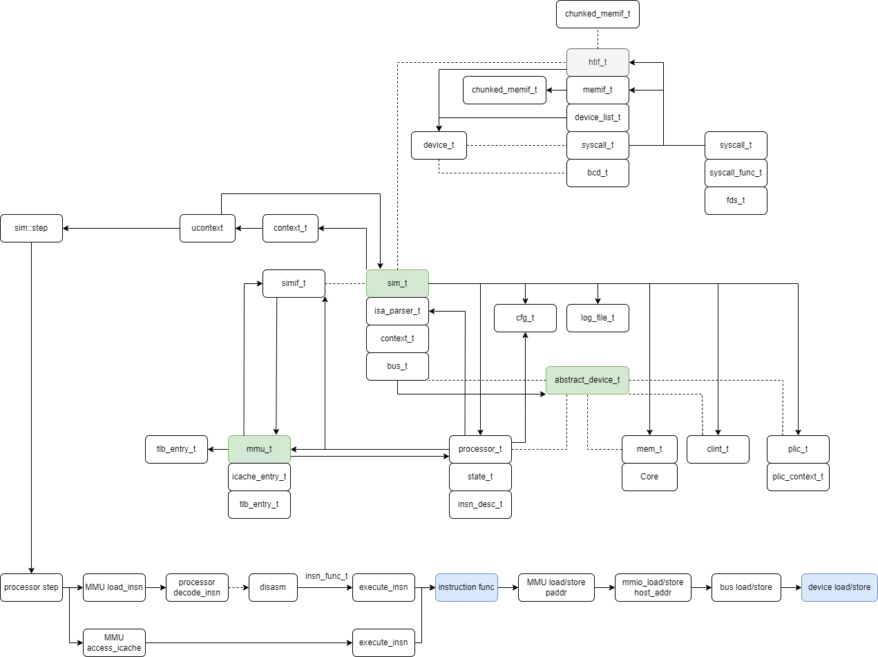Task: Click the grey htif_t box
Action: tap(598, 62)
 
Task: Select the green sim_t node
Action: tap(397, 283)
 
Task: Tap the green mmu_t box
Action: tap(259, 450)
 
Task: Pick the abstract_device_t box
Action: tap(587, 380)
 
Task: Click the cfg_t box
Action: tap(525, 318)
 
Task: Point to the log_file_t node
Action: tap(598, 318)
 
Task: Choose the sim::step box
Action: tap(31, 229)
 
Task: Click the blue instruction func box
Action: tap(466, 587)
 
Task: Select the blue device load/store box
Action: tap(839, 587)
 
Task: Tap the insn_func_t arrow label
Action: tap(326, 576)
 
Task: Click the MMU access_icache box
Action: tap(114, 642)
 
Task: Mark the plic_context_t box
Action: tap(798, 477)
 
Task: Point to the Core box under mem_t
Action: tap(649, 477)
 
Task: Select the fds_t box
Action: tap(736, 201)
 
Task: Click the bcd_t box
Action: tap(598, 173)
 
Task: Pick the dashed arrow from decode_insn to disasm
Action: tap(238, 587)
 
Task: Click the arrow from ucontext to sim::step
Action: tap(121, 229)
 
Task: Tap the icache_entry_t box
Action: tap(259, 477)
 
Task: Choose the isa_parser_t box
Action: tap(397, 311)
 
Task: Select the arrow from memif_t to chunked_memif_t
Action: tap(556, 91)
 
